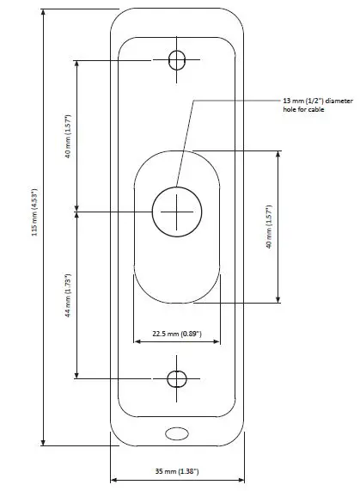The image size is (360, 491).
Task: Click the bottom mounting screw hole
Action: [x=177, y=378]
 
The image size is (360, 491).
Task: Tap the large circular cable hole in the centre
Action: [x=175, y=212]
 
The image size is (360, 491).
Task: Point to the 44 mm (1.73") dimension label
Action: [x=68, y=295]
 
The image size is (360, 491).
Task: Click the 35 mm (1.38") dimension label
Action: [x=178, y=472]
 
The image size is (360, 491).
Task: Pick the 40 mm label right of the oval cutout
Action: [x=269, y=227]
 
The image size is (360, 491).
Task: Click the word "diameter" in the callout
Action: [x=336, y=101]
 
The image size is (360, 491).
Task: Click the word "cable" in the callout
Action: [x=316, y=111]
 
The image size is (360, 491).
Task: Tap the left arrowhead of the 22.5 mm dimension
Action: [x=135, y=339]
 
